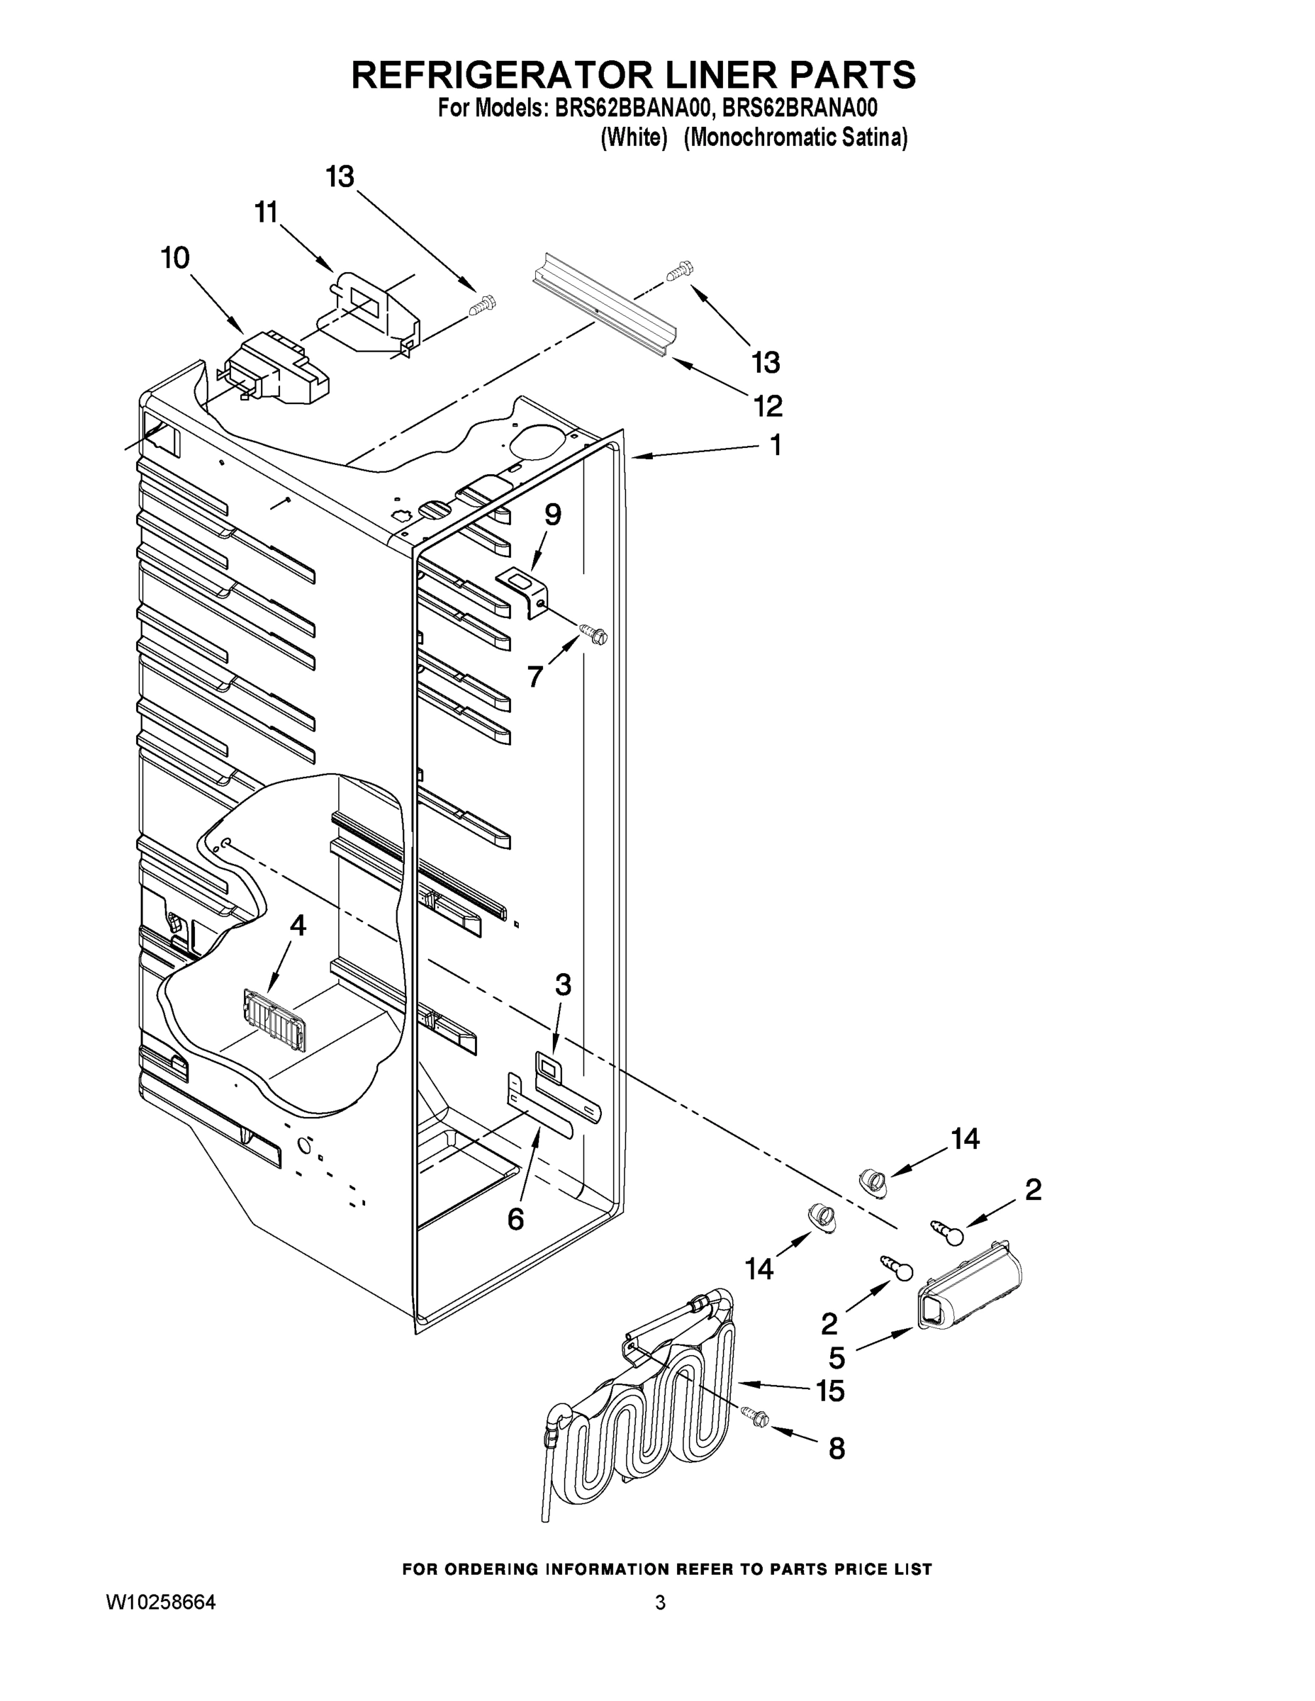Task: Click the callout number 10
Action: click(175, 258)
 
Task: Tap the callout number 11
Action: click(267, 212)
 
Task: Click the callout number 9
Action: click(552, 514)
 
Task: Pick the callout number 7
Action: click(535, 677)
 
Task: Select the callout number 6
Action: click(515, 1219)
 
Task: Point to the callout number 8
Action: click(836, 1449)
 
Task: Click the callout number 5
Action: click(836, 1357)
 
